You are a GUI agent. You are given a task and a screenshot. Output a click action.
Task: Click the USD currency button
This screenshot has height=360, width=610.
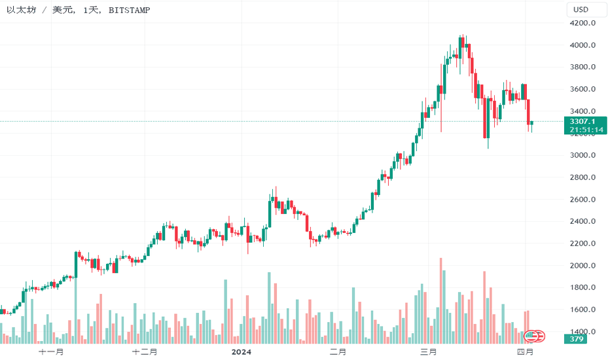click(581, 9)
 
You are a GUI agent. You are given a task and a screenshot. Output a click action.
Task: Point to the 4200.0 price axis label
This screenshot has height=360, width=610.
click(582, 23)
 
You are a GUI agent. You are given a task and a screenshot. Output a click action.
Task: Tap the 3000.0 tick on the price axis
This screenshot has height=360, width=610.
click(582, 155)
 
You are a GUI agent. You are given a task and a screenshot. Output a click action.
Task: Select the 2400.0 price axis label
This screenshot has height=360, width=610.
click(582, 221)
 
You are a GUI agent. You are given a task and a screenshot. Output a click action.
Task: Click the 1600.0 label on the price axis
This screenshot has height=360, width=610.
click(582, 310)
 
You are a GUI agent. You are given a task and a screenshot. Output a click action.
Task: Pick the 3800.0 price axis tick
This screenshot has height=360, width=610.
click(582, 67)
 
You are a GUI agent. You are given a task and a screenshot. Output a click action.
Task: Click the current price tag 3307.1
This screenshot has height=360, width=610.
click(582, 122)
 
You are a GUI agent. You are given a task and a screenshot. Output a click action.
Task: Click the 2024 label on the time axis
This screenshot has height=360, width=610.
click(242, 352)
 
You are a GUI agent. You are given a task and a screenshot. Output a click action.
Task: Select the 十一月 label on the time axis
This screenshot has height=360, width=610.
click(51, 352)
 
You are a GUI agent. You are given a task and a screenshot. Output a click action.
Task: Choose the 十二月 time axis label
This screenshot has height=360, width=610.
click(145, 352)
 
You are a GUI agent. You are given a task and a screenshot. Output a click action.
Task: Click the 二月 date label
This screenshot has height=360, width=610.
click(338, 352)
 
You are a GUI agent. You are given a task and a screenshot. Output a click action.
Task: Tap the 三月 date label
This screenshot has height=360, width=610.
click(429, 352)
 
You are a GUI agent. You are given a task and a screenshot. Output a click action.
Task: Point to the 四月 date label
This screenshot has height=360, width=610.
click(525, 352)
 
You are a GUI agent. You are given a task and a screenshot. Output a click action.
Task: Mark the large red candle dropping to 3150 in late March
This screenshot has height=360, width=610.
click(485, 118)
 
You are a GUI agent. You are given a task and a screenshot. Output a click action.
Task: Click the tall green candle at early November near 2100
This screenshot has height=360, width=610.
click(76, 264)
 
